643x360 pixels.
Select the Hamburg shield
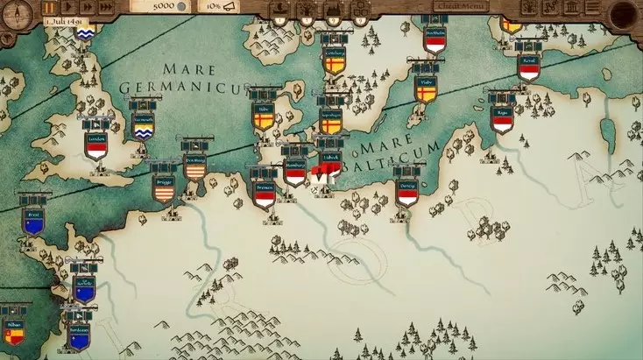(x=295, y=173)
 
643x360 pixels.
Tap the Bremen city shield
(x=264, y=196)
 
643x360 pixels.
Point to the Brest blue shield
(x=35, y=223)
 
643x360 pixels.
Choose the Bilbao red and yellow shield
(x=13, y=331)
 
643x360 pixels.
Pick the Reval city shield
(x=528, y=67)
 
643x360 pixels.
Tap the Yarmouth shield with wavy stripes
(x=143, y=129)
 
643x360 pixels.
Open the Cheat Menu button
(x=461, y=6)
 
